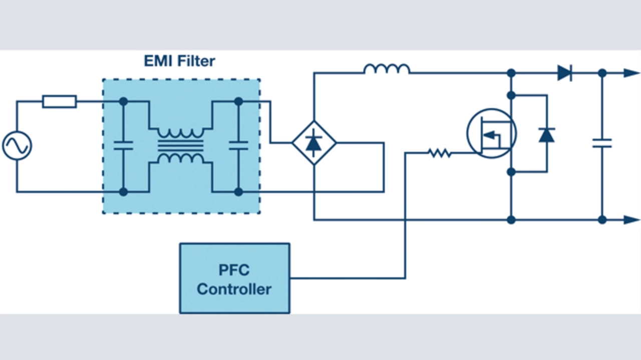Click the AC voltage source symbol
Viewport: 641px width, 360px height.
tap(17, 146)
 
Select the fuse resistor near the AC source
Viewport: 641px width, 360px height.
tap(60, 102)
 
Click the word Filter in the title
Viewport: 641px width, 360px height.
tap(195, 61)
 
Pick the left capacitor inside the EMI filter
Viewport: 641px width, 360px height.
tap(123, 146)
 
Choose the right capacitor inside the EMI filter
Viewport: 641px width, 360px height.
tap(238, 146)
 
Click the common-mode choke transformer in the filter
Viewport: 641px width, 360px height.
tap(181, 146)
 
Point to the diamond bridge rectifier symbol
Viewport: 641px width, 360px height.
tap(314, 143)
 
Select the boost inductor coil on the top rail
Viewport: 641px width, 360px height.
tap(387, 69)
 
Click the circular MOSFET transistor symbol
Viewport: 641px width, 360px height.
tap(491, 133)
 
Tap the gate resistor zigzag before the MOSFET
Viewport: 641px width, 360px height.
tap(440, 153)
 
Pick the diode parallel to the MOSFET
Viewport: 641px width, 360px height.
tap(546, 134)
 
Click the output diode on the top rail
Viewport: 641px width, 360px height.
tap(565, 73)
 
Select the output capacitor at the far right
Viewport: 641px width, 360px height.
tap(602, 143)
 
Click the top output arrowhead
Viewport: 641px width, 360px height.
tap(632, 73)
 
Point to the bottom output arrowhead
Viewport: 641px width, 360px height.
tap(632, 219)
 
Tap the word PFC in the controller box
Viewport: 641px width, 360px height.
tap(234, 270)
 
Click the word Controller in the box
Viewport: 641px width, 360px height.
tap(234, 289)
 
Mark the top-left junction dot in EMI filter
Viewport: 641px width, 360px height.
tap(123, 102)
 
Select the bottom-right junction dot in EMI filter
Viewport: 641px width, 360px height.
tap(238, 192)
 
